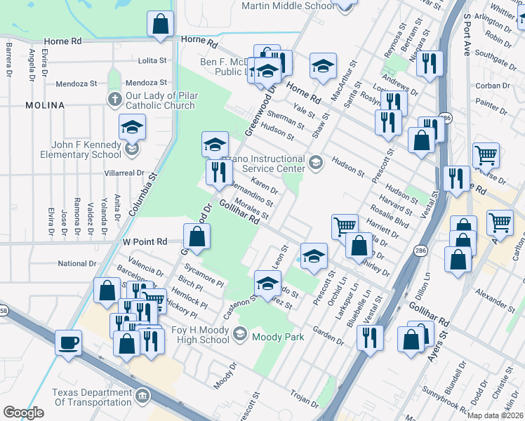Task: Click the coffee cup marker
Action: pyautogui.click(x=68, y=343)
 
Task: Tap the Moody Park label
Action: pyautogui.click(x=279, y=337)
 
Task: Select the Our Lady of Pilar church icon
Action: pyautogui.click(x=114, y=98)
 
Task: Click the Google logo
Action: pyautogui.click(x=23, y=412)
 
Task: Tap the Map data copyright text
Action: pyautogui.click(x=496, y=415)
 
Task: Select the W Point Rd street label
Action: pyautogui.click(x=145, y=241)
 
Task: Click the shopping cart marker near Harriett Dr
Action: pyautogui.click(x=345, y=227)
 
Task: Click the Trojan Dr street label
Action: pyautogui.click(x=305, y=399)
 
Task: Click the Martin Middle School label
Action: pyautogui.click(x=288, y=6)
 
